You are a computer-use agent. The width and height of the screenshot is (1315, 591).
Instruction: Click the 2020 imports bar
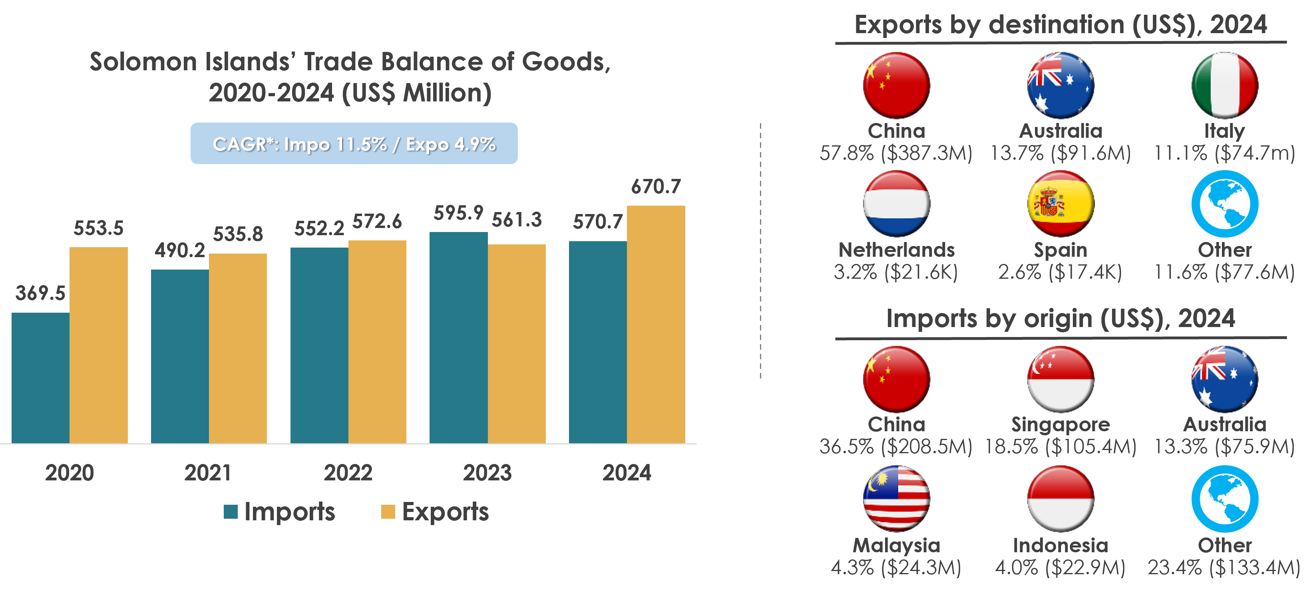(x=40, y=378)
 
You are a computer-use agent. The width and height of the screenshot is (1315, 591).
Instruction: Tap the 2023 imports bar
(x=458, y=337)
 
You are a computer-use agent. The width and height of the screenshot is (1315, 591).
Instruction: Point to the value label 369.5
(x=40, y=293)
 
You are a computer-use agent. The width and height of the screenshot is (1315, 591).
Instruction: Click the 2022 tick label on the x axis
(x=348, y=472)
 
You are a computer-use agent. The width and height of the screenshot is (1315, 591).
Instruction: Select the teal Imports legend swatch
(x=231, y=512)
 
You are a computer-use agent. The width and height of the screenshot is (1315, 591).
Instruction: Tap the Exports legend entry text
(x=445, y=512)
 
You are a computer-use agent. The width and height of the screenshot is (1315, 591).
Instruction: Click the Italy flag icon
(x=1225, y=85)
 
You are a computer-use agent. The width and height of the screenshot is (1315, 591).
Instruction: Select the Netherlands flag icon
(x=896, y=204)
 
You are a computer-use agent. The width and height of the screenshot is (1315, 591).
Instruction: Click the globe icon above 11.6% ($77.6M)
(x=1225, y=204)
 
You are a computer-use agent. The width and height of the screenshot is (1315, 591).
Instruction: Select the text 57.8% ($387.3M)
(x=896, y=153)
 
